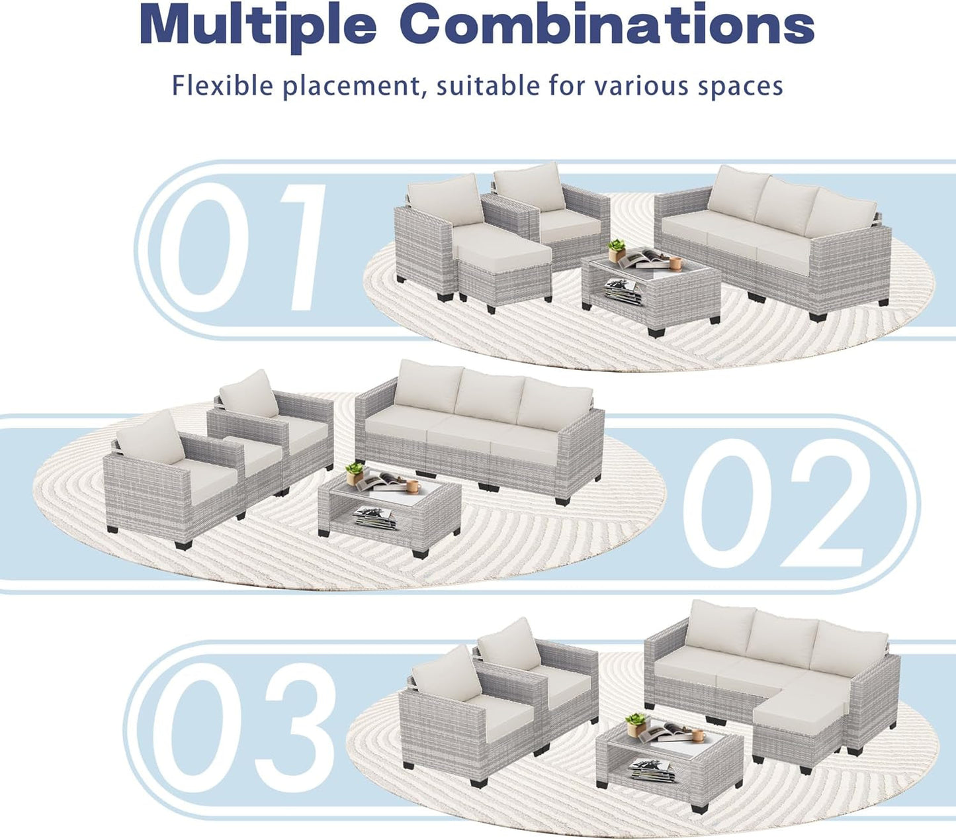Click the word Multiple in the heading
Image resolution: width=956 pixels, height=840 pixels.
click(x=257, y=25)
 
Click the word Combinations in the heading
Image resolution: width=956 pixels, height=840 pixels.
click(x=607, y=25)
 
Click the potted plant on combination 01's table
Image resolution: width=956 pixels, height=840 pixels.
click(x=617, y=250)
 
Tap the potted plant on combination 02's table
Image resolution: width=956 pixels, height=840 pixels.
click(x=355, y=472)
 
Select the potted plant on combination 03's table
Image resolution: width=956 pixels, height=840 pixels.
click(x=636, y=722)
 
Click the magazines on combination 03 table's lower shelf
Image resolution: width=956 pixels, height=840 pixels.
click(x=652, y=769)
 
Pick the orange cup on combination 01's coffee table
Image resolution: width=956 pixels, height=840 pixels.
click(x=675, y=263)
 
